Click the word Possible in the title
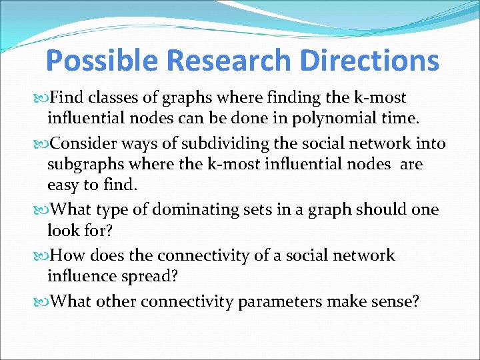coord(103,61)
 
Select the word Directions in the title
coord(369,61)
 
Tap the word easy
coord(64,185)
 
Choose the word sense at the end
coord(395,301)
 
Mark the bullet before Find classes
coord(42,98)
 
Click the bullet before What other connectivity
coord(42,302)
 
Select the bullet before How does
coord(42,256)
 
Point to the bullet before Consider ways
coord(42,143)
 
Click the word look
coord(63,231)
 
